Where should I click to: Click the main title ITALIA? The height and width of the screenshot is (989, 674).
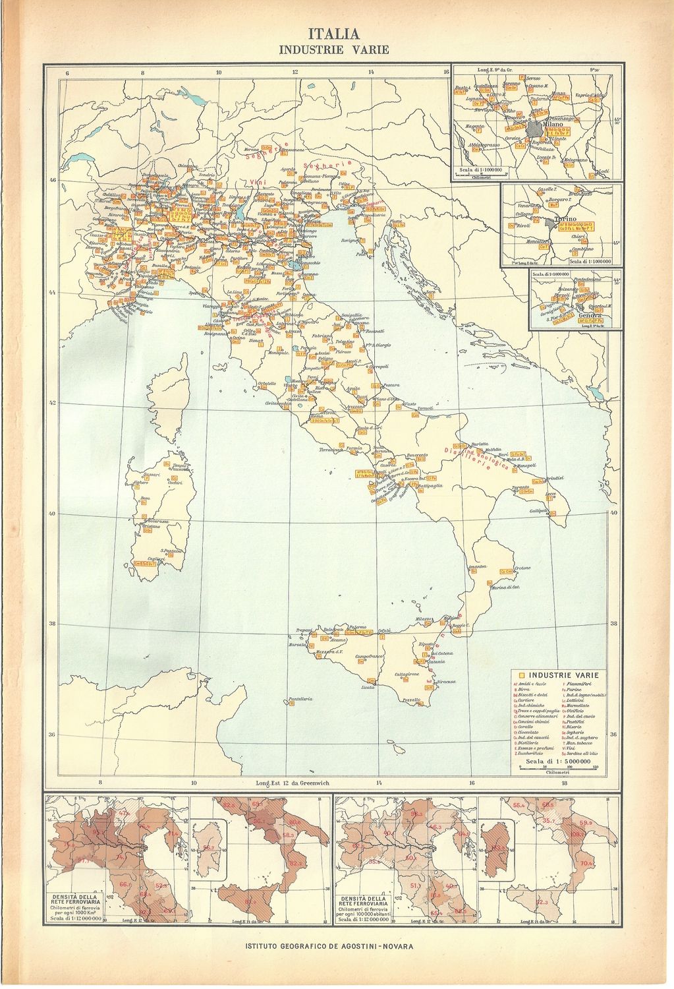(x=335, y=34)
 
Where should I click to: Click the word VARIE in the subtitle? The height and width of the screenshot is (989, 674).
(x=370, y=49)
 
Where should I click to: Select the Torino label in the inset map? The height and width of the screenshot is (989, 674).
(x=565, y=218)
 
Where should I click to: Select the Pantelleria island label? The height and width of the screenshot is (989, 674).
(x=298, y=698)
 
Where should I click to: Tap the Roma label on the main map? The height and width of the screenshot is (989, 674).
(x=316, y=416)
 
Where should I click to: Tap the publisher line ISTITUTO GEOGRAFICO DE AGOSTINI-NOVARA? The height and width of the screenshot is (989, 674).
(x=329, y=945)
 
